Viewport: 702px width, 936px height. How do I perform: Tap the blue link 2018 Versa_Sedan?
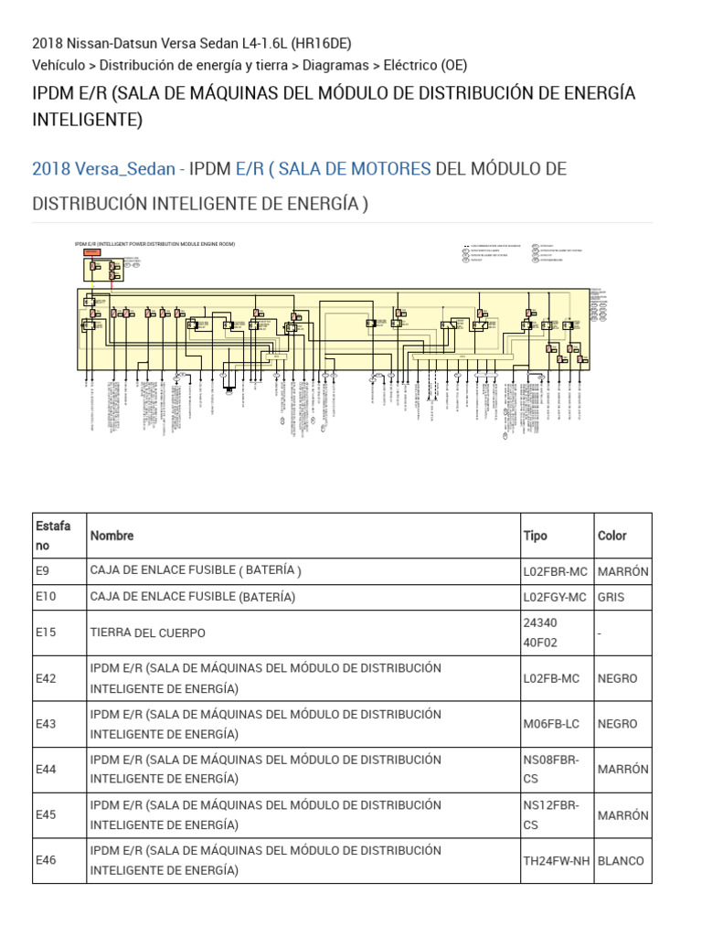(103, 169)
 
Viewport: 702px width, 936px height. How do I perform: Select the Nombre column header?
(112, 536)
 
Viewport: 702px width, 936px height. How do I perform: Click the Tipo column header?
(535, 536)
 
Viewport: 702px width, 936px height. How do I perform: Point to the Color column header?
(613, 536)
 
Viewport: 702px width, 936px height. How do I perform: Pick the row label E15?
(46, 633)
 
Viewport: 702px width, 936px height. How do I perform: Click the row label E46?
(46, 860)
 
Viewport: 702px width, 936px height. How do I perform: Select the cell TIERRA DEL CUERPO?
(147, 633)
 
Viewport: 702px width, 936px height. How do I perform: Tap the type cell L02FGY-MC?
(555, 597)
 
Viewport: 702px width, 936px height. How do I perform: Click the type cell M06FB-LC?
(553, 723)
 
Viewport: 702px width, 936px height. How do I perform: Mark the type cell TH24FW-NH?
(557, 860)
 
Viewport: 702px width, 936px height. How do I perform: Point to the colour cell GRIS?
(612, 597)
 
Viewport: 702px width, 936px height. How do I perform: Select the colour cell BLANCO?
(621, 860)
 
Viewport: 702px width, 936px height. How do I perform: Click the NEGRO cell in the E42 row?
(617, 678)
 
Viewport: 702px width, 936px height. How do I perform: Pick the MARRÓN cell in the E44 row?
(622, 769)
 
